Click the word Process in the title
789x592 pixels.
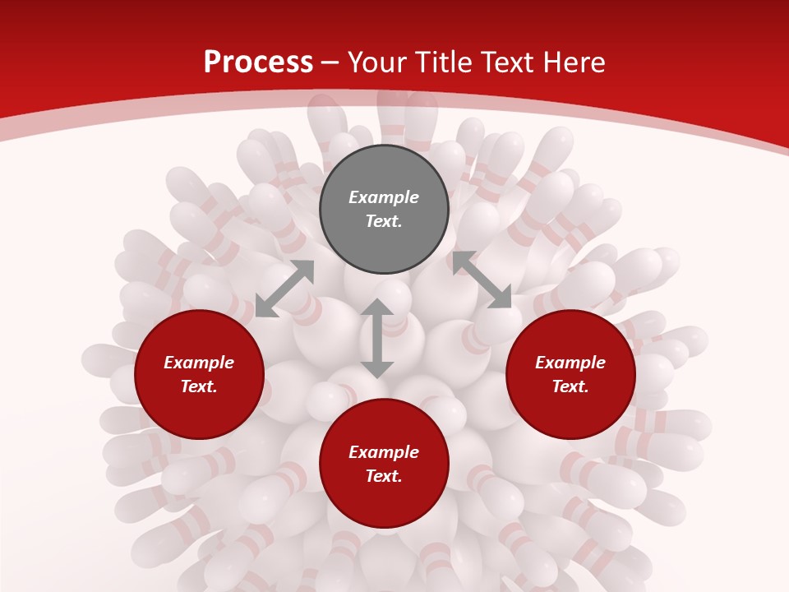[x=258, y=62]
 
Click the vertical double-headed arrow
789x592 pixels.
[x=377, y=339]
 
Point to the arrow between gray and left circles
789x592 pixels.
[x=284, y=289]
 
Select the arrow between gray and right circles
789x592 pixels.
[x=482, y=280]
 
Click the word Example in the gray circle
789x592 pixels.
[x=384, y=197]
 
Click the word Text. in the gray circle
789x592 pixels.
[x=384, y=221]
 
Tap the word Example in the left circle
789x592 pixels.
[x=199, y=363]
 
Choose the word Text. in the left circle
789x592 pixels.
[x=199, y=386]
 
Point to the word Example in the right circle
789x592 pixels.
[x=570, y=363]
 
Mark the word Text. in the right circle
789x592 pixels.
[x=570, y=386]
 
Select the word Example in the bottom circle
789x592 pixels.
[x=384, y=452]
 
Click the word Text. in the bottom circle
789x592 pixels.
[x=384, y=476]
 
